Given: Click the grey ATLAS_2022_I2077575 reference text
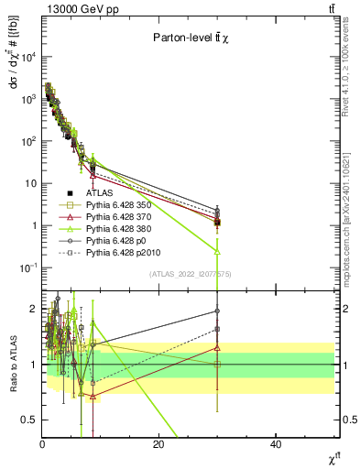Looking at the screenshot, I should [x=190, y=274].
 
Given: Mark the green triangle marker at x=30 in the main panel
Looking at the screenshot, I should [x=217, y=250].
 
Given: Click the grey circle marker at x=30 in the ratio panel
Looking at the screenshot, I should [x=217, y=311].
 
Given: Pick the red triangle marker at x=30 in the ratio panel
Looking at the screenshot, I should [x=217, y=347].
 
